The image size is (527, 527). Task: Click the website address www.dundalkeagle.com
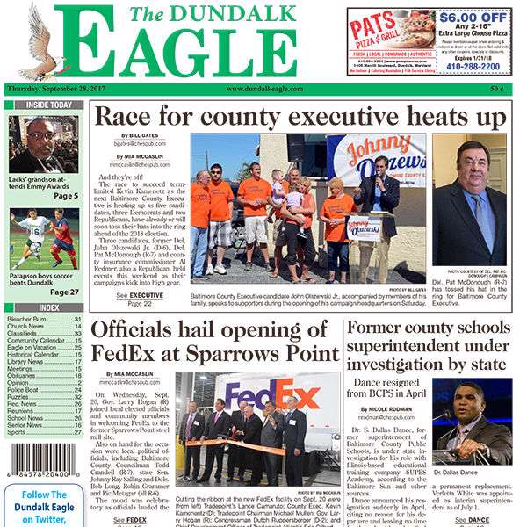click(264, 89)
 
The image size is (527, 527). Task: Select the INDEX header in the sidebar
click(48, 307)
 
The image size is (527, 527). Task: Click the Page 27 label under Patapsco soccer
click(65, 292)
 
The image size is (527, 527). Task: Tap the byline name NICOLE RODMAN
click(394, 409)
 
